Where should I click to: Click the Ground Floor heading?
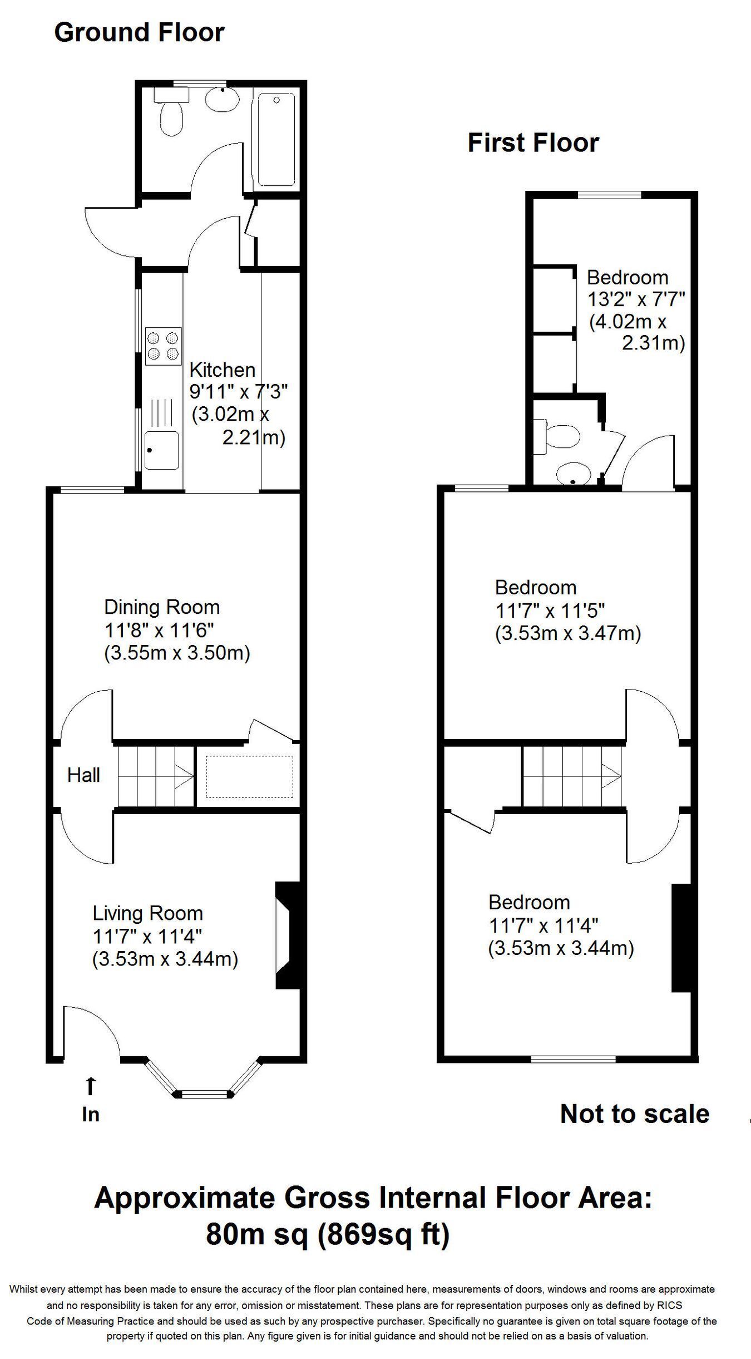139,33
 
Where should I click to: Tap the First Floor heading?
533,143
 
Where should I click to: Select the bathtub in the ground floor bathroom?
276,139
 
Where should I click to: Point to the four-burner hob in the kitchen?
164,346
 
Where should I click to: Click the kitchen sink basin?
162,450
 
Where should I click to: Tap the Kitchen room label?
223,370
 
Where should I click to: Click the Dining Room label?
162,607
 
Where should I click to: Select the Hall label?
83,775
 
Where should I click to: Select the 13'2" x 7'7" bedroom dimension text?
636,300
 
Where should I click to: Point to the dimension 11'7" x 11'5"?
550,611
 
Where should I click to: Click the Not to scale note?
635,1114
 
